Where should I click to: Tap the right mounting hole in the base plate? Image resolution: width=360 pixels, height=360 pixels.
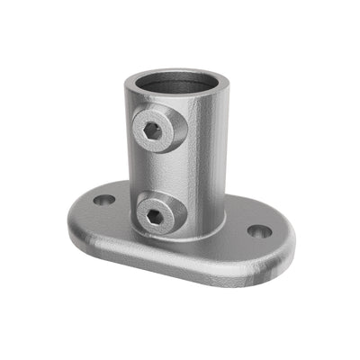[259, 231]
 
